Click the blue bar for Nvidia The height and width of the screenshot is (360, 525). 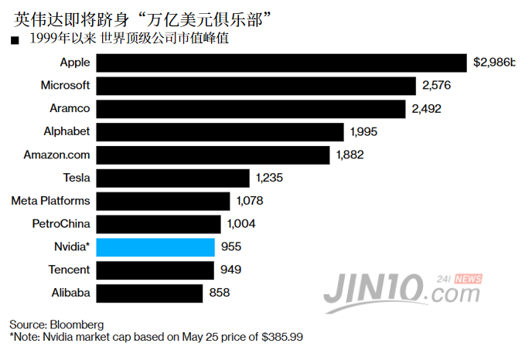[x=155, y=247]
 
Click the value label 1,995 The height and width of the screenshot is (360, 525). [x=363, y=131]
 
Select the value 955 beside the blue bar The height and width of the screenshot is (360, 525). [x=231, y=247]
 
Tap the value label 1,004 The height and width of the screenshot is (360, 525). [x=241, y=224]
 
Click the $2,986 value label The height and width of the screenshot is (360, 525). [x=494, y=62]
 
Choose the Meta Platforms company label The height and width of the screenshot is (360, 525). [x=50, y=201]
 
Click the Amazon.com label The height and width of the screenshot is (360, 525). [x=57, y=155]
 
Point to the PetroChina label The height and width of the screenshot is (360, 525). [x=61, y=224]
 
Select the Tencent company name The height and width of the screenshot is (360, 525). [x=69, y=270]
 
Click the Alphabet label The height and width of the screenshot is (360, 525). [x=67, y=131]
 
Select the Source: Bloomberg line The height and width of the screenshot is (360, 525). [x=56, y=324]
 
